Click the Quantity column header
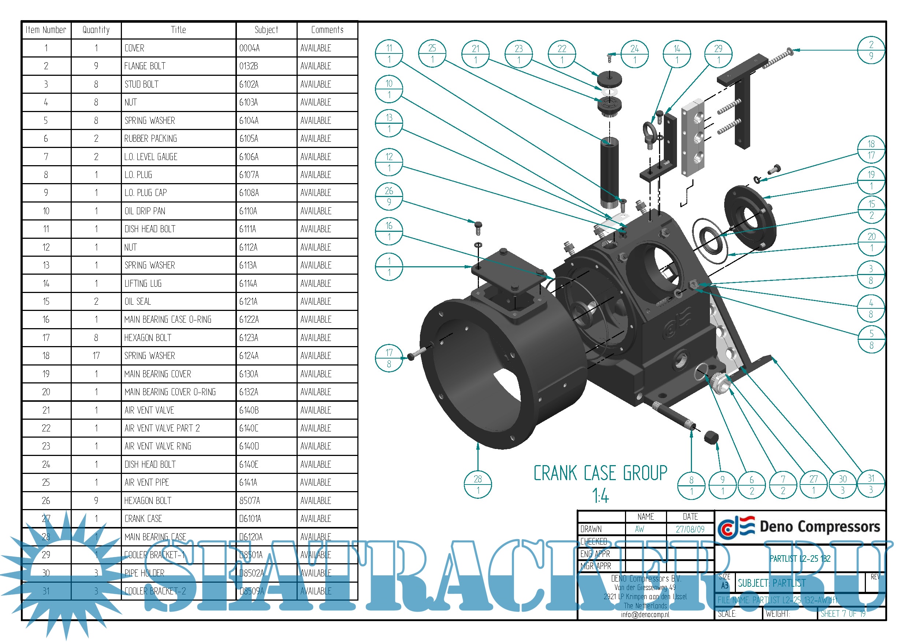click(96, 30)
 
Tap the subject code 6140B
click(249, 411)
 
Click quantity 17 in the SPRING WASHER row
click(96, 356)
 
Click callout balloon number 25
click(432, 53)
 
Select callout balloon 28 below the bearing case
click(478, 485)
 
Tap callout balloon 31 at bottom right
click(871, 484)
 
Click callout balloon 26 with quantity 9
click(389, 196)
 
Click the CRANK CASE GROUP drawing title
click(600, 474)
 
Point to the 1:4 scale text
click(600, 496)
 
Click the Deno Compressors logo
click(799, 527)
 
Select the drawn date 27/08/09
click(690, 529)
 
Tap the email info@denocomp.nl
click(645, 615)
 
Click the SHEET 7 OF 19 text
click(843, 614)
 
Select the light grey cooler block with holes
click(693, 138)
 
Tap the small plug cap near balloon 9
click(711, 437)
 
